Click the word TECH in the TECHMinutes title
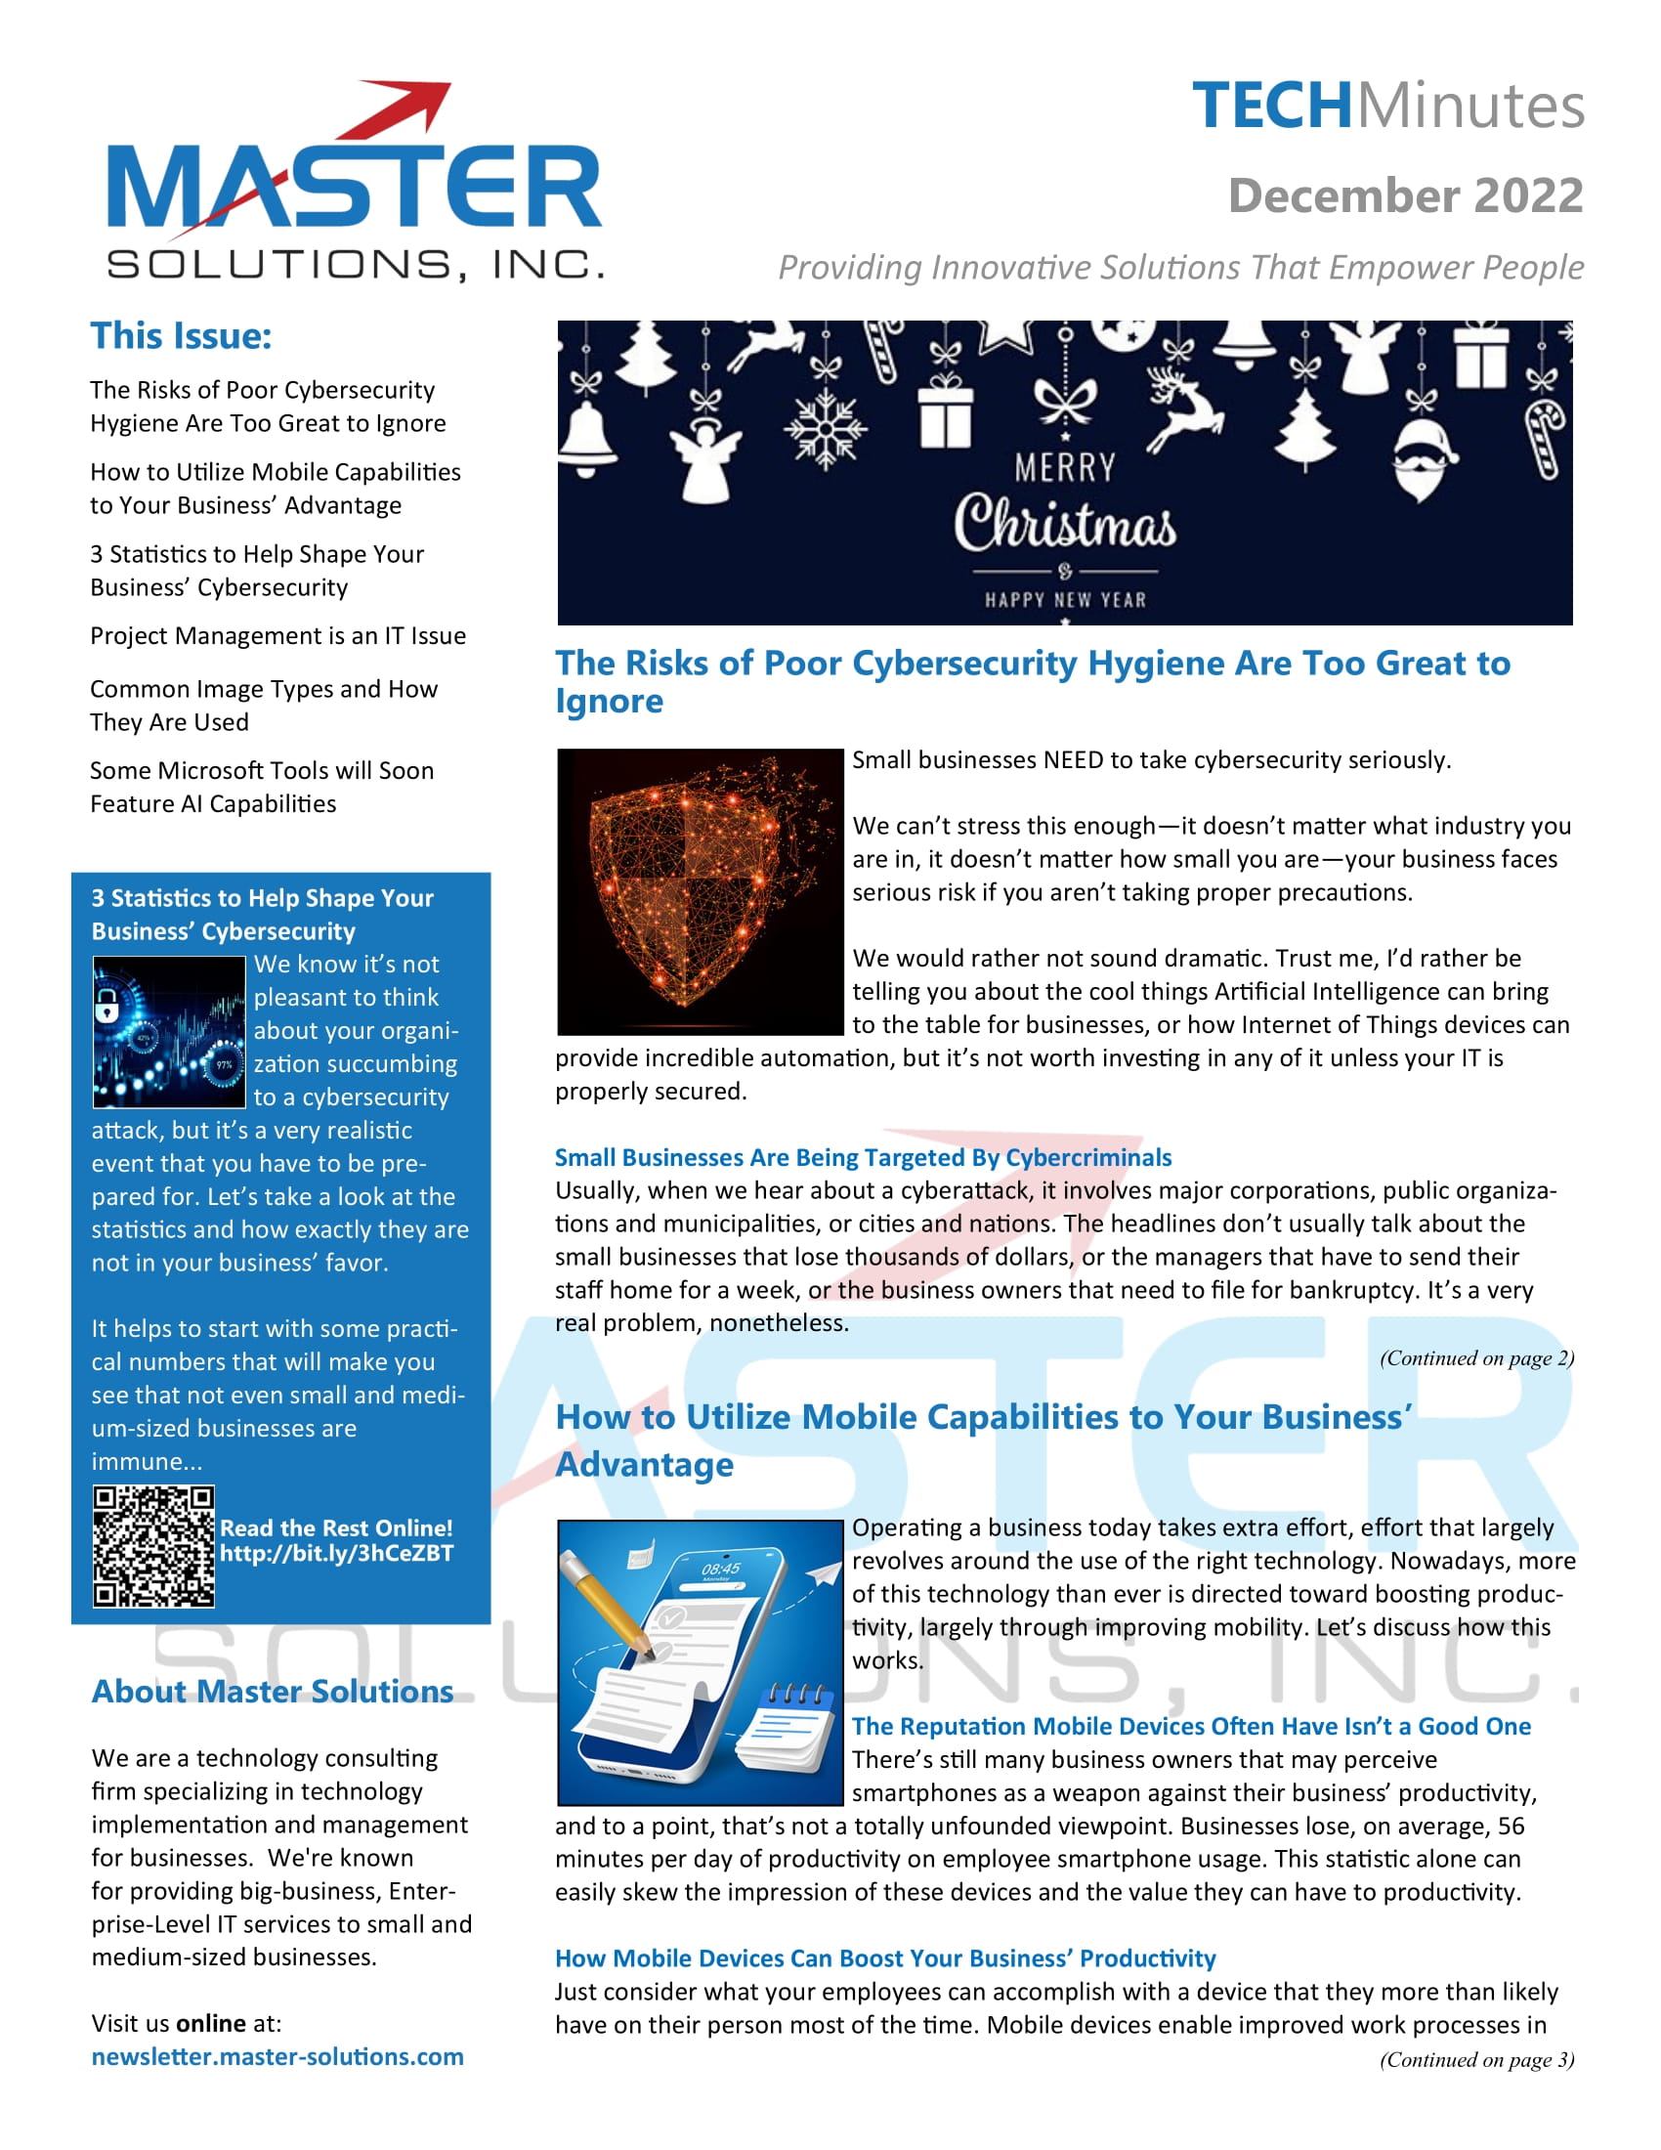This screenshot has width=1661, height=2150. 1271,107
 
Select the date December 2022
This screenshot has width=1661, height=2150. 1405,195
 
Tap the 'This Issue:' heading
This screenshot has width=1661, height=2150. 181,335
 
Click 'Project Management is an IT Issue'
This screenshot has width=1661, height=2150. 277,636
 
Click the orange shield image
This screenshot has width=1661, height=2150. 699,891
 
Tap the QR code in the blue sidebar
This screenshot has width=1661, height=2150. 153,1547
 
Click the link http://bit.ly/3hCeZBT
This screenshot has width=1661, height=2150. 336,1554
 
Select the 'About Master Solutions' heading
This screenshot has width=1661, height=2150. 273,1692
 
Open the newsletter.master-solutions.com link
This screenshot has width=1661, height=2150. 277,2056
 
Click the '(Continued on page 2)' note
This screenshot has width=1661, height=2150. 1476,1358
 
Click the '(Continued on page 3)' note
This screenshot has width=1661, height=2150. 1476,2059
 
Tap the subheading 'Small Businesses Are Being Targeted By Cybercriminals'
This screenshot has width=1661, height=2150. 863,1158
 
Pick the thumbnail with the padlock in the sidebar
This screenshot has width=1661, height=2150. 168,1032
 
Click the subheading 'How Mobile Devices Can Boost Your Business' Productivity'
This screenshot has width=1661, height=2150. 884,1958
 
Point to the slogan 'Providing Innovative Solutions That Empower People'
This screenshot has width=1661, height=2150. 1181,268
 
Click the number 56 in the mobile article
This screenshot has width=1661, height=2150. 1511,1827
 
